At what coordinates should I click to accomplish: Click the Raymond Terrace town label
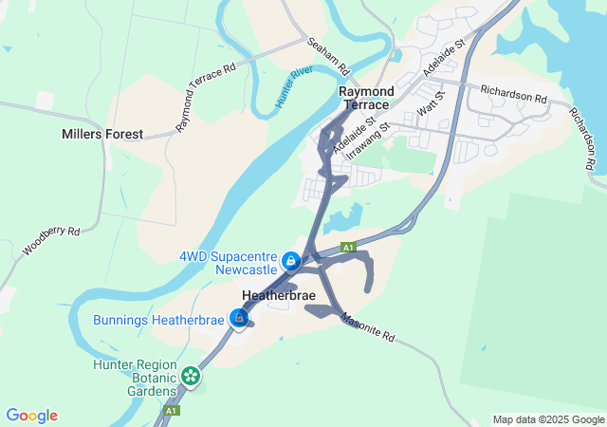365,98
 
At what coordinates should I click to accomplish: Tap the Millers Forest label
101,134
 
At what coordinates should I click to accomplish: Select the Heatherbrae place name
278,296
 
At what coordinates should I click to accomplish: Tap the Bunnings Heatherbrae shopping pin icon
239,318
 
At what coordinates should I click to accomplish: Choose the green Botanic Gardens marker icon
191,377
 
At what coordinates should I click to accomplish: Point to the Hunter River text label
294,86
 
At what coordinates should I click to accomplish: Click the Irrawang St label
368,139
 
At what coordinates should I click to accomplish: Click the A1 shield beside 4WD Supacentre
349,247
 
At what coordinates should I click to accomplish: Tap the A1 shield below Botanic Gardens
171,411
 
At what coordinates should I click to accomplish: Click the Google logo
31,416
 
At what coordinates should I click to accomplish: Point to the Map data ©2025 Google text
548,419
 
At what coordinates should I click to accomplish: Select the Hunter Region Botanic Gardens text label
135,377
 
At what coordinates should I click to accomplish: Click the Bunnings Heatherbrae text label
158,320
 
